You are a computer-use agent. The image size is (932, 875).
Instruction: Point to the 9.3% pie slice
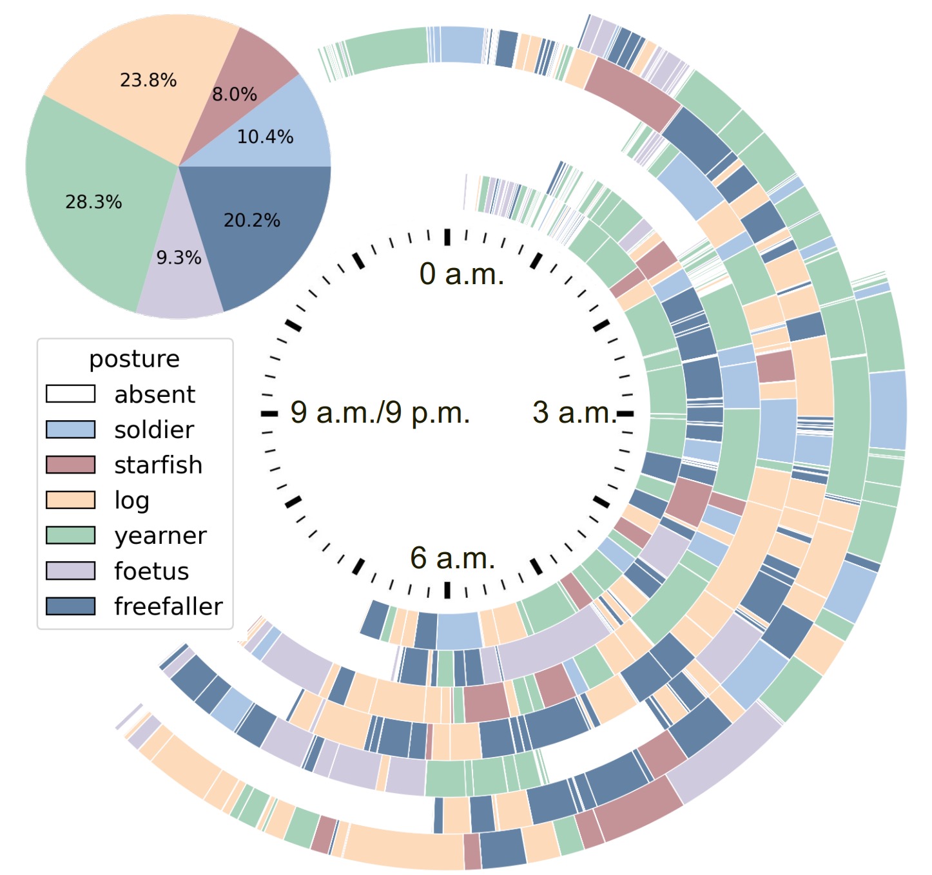179,271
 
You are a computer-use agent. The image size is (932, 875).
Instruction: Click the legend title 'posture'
134,359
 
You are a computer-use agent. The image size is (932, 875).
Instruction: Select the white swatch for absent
70,394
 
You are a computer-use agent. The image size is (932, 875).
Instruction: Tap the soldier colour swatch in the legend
70,429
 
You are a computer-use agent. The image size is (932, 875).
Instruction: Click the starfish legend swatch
70,465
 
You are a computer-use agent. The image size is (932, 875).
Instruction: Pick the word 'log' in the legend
131,501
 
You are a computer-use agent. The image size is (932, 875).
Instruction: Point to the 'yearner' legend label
160,535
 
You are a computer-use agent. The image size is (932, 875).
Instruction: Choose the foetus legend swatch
70,571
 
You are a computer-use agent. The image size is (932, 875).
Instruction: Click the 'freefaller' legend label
168,606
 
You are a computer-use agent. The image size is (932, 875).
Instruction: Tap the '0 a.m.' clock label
461,274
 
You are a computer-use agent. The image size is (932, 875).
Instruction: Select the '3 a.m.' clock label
574,412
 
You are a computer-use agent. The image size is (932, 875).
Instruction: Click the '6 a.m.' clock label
452,558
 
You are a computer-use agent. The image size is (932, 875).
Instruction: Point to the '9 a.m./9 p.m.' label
380,412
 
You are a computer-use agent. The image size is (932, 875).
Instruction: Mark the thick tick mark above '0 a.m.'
447,237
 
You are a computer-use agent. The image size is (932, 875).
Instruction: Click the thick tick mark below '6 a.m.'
447,590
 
